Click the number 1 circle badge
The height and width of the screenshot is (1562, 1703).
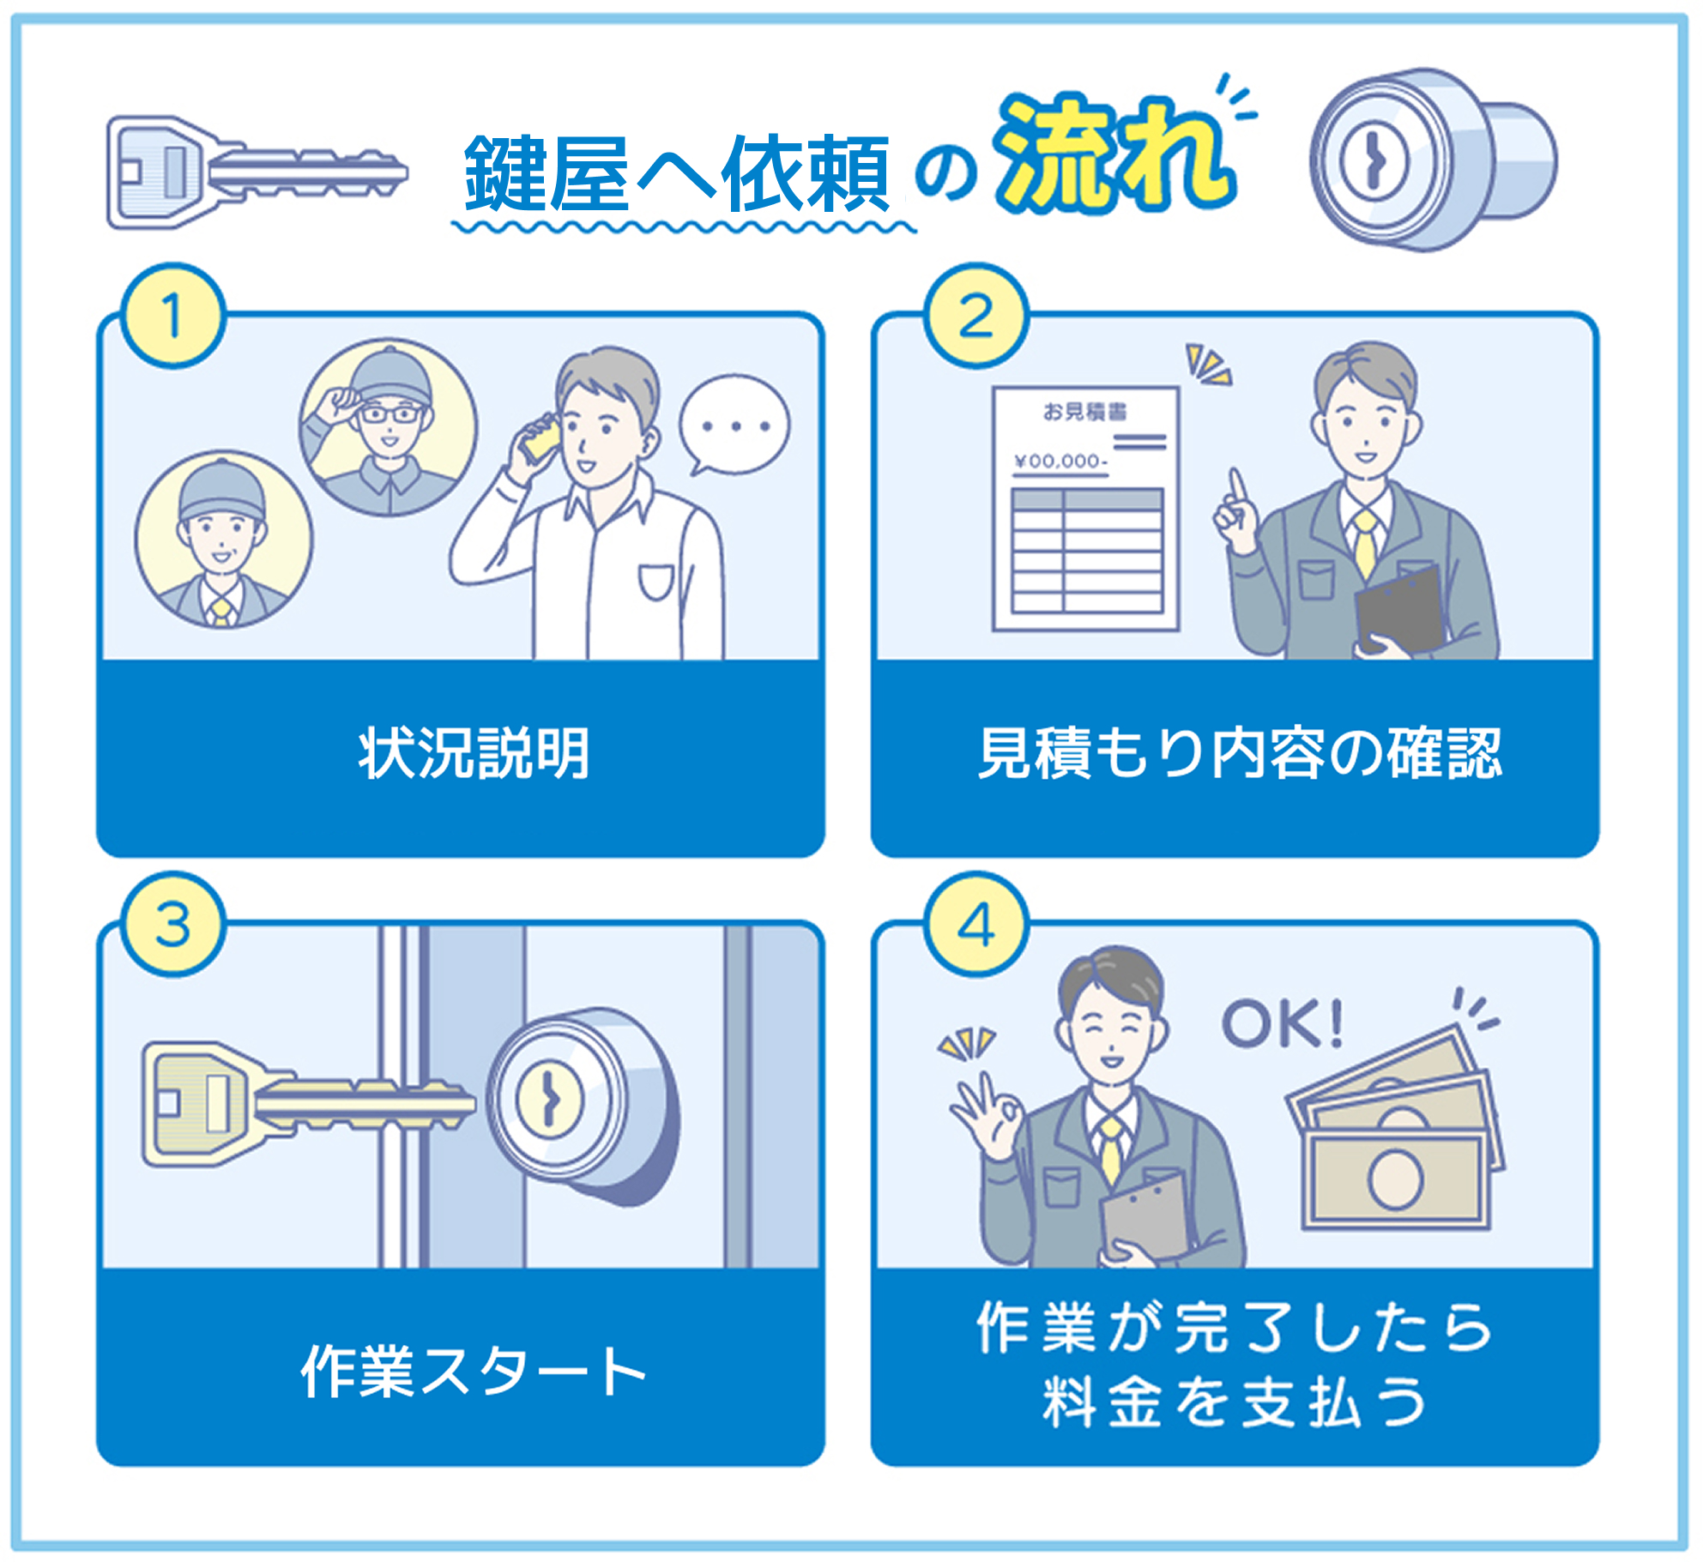(173, 316)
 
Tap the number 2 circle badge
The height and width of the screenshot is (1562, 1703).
(975, 316)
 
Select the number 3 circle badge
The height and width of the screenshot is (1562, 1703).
(173, 925)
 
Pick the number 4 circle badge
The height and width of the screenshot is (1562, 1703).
(975, 925)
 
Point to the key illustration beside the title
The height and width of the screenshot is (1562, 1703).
(256, 172)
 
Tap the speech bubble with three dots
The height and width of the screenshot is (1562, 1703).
(734, 425)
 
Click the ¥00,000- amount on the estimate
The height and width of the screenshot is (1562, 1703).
(1060, 461)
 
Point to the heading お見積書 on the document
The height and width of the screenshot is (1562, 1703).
(1084, 413)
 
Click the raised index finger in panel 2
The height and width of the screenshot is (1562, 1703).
(1236, 489)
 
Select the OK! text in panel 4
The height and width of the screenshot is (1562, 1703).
(1282, 1023)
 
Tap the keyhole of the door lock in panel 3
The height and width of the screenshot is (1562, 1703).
(549, 1101)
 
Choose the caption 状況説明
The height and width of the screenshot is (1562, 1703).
(474, 753)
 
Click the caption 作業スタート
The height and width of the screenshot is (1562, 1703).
(474, 1371)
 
